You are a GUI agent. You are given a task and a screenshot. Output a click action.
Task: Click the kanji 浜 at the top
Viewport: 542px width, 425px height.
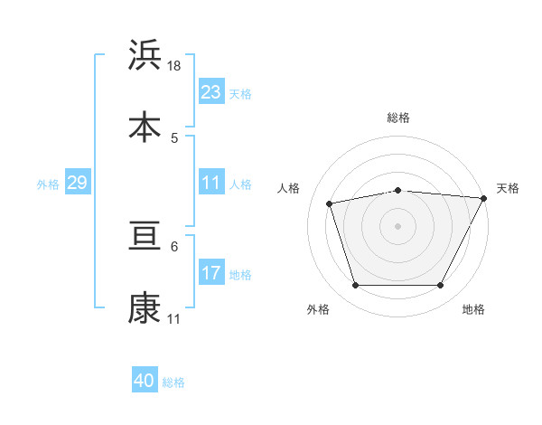click(145, 55)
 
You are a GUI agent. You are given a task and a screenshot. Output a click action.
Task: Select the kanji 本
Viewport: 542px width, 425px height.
click(145, 126)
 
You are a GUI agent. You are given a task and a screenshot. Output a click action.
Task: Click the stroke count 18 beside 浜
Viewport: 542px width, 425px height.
click(175, 66)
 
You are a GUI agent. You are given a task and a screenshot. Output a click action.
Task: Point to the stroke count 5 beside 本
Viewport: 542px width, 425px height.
click(174, 137)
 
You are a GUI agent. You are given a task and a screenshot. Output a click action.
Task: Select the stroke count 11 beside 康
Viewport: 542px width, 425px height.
click(174, 319)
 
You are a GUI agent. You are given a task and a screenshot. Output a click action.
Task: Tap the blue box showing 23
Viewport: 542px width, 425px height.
click(211, 92)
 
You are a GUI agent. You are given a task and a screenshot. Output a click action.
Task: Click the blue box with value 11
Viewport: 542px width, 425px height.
click(211, 183)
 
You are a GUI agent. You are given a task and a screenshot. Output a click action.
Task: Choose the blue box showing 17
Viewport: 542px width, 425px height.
click(211, 272)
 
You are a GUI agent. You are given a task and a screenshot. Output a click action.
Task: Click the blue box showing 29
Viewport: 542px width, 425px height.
click(77, 183)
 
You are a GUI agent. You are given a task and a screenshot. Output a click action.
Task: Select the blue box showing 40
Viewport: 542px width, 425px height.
click(145, 381)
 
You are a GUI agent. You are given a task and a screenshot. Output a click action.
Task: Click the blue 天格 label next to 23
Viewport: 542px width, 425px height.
click(240, 94)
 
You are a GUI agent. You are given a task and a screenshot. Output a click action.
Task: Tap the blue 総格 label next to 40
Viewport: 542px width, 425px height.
click(173, 382)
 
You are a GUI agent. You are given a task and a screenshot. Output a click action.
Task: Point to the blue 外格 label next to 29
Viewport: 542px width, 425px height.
click(48, 184)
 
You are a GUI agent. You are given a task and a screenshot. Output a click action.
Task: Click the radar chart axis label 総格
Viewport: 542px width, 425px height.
click(398, 118)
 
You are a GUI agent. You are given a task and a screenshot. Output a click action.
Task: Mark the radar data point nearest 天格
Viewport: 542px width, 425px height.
click(485, 198)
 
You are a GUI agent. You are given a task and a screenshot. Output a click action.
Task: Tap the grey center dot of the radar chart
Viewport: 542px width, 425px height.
click(398, 225)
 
